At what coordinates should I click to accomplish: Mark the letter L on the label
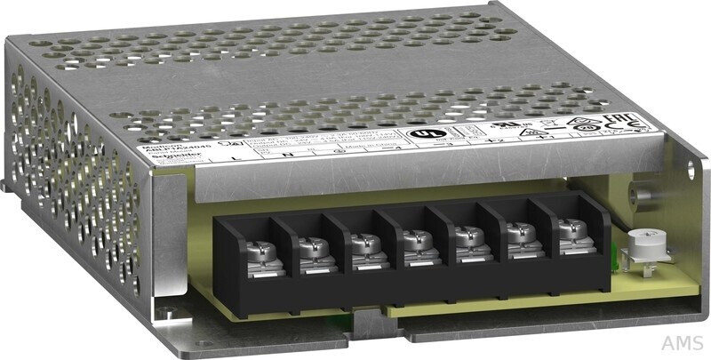tap(234, 157)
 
